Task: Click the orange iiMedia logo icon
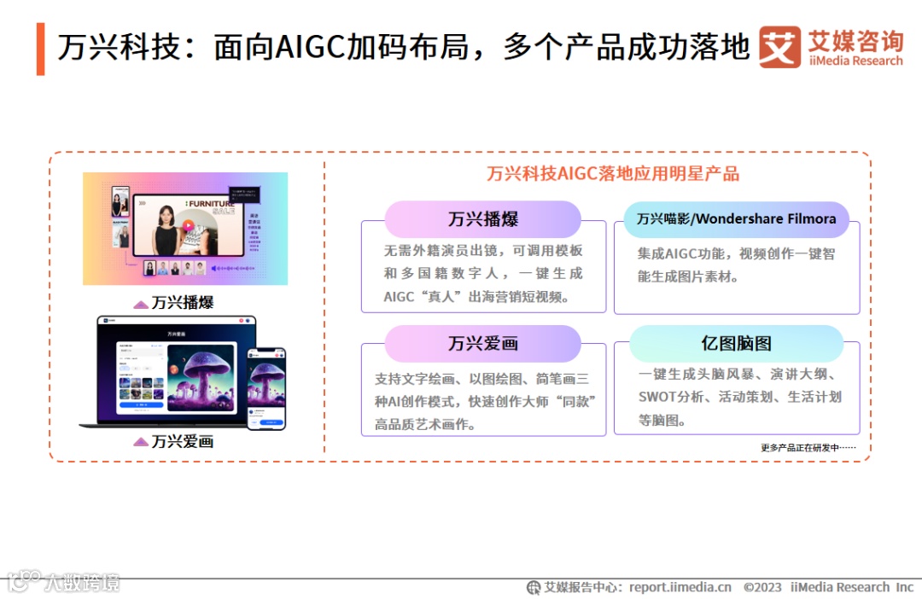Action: point(779,47)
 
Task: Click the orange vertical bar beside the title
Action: point(40,49)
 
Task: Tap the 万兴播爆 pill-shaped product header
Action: point(483,219)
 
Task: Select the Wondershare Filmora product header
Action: point(736,219)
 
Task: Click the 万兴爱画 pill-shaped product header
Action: point(483,344)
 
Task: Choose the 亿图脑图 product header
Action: point(736,344)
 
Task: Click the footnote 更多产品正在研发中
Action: point(808,448)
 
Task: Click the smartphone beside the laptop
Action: point(266,388)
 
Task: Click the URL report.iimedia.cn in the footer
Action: point(680,587)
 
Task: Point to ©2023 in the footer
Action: point(762,587)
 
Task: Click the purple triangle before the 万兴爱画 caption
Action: point(141,442)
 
